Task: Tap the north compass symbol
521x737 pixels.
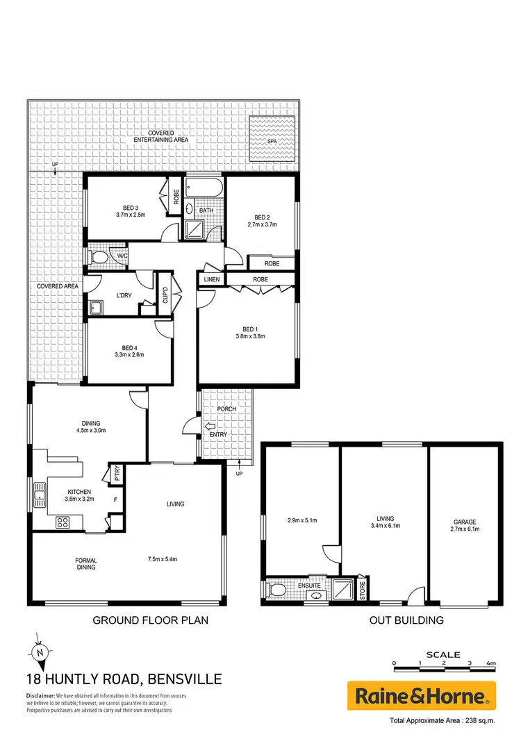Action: [40, 652]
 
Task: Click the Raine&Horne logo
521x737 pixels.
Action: [421, 695]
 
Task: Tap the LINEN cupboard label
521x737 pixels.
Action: [212, 279]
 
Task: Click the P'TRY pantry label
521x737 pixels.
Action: [116, 476]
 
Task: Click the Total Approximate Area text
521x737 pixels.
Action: [443, 720]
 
